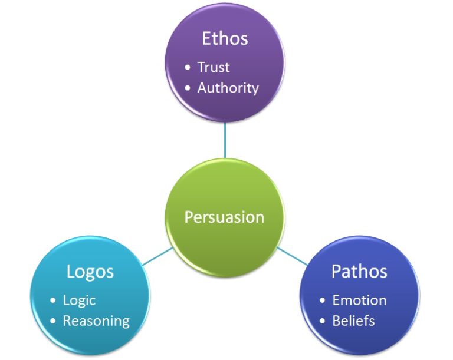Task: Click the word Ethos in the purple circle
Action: [x=225, y=39]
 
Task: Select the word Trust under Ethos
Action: [x=214, y=67]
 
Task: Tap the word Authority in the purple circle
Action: [x=228, y=88]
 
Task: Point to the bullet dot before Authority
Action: [x=188, y=88]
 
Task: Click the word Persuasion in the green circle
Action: [x=224, y=217]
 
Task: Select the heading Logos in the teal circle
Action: [x=90, y=272]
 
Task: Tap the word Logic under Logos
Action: [x=79, y=300]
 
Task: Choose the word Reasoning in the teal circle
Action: [x=96, y=321]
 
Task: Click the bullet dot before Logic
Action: [x=53, y=300]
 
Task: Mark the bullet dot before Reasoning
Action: [x=53, y=321]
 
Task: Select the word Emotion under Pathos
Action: [x=359, y=300]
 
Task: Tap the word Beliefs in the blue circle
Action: [x=353, y=321]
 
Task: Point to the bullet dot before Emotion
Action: [x=322, y=300]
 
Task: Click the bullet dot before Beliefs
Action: [x=322, y=321]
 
